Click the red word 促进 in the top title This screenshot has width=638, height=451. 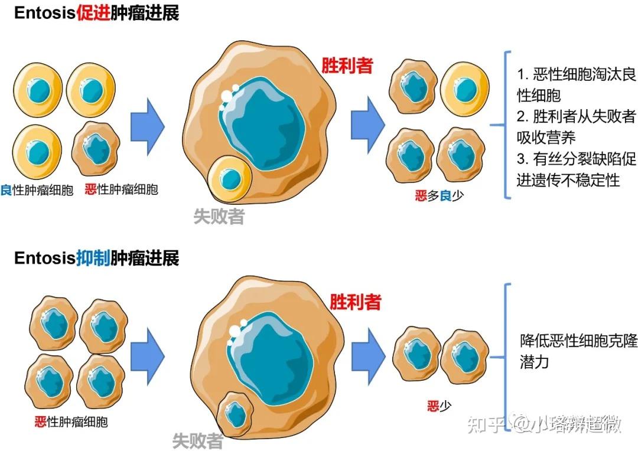click(x=93, y=14)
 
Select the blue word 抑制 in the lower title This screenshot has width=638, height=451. click(x=93, y=258)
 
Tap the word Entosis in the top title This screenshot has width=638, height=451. click(x=45, y=14)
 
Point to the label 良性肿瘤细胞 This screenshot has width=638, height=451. click(x=37, y=190)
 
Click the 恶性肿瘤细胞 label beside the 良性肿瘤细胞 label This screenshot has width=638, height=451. click(x=121, y=190)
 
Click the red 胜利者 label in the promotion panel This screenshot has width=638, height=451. click(x=347, y=65)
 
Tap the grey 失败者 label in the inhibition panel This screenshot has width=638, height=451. click(x=197, y=440)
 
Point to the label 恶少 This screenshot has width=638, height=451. click(x=440, y=406)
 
